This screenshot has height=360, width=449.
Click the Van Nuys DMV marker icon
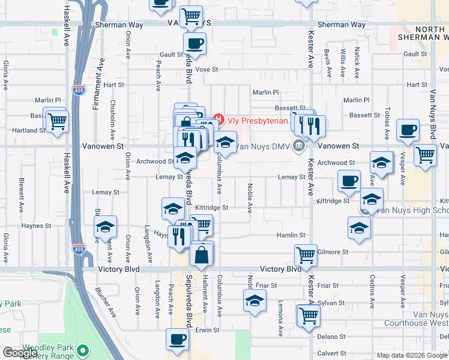(298, 146)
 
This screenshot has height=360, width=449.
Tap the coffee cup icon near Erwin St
(177, 339)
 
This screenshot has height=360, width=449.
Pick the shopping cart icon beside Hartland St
(57, 122)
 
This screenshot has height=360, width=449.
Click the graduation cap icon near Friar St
(255, 302)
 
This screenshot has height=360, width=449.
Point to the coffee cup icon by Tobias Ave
(408, 130)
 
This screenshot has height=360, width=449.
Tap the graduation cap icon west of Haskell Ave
(105, 228)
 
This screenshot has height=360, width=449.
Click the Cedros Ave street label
(373, 288)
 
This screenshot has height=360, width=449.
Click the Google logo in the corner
(20, 353)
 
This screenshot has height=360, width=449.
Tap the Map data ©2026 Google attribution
(411, 355)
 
